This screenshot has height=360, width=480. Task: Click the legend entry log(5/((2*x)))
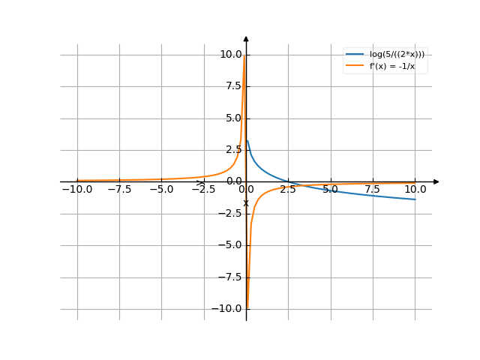tap(397, 54)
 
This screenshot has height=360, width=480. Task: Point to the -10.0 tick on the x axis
tap(76, 189)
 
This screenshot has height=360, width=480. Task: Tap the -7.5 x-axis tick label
tap(119, 189)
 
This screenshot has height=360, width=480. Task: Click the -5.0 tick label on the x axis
tap(161, 189)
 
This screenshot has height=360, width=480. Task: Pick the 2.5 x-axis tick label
tap(288, 189)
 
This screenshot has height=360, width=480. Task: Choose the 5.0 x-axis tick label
tap(330, 189)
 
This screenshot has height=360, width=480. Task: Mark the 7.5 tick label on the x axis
tap(373, 189)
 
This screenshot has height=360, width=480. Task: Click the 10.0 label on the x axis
tap(415, 189)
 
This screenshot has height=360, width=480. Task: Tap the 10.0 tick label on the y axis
tap(229, 54)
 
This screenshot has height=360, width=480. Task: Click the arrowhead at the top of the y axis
tap(246, 37)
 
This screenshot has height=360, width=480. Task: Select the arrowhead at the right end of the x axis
tap(436, 181)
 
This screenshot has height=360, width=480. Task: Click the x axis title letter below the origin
tap(245, 203)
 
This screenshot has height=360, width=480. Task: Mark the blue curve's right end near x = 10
tap(415, 199)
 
